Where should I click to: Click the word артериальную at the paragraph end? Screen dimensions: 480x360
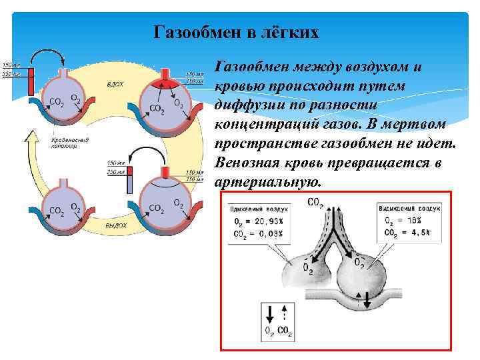[268, 182]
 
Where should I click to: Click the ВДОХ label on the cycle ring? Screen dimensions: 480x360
[115, 85]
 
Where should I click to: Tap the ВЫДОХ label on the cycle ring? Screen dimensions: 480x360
[115, 226]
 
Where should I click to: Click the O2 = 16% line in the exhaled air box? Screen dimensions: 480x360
[407, 221]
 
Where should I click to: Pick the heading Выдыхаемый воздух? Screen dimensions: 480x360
[407, 209]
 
